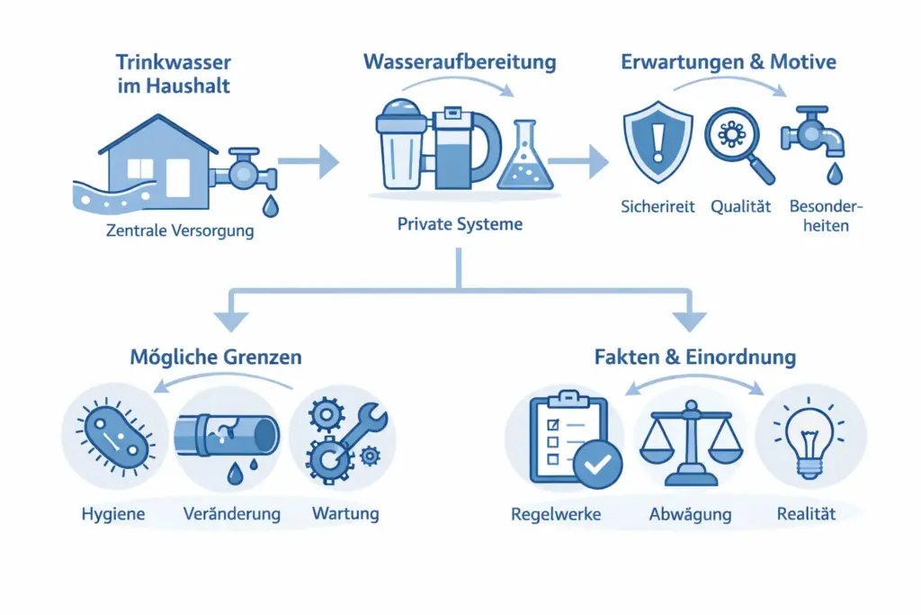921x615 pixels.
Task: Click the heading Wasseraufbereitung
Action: pyautogui.click(x=460, y=62)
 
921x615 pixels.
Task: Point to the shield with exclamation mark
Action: pyautogui.click(x=658, y=143)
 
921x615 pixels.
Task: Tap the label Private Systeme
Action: pyautogui.click(x=460, y=223)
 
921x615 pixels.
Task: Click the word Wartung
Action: pyautogui.click(x=345, y=514)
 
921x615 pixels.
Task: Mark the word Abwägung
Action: pyautogui.click(x=690, y=515)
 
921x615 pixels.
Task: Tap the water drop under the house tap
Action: pyautogui.click(x=270, y=206)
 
